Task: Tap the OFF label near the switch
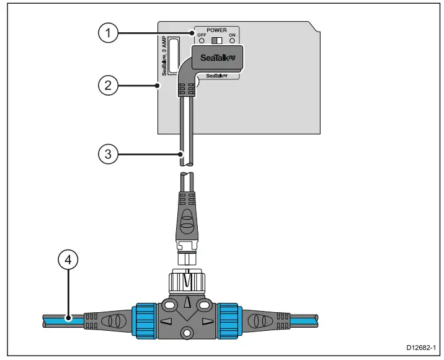click(x=201, y=35)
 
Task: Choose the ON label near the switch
click(x=232, y=35)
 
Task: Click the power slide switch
click(x=216, y=40)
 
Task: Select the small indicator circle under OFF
click(x=201, y=42)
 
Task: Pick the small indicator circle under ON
click(x=232, y=42)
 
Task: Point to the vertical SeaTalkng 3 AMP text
click(x=165, y=55)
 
